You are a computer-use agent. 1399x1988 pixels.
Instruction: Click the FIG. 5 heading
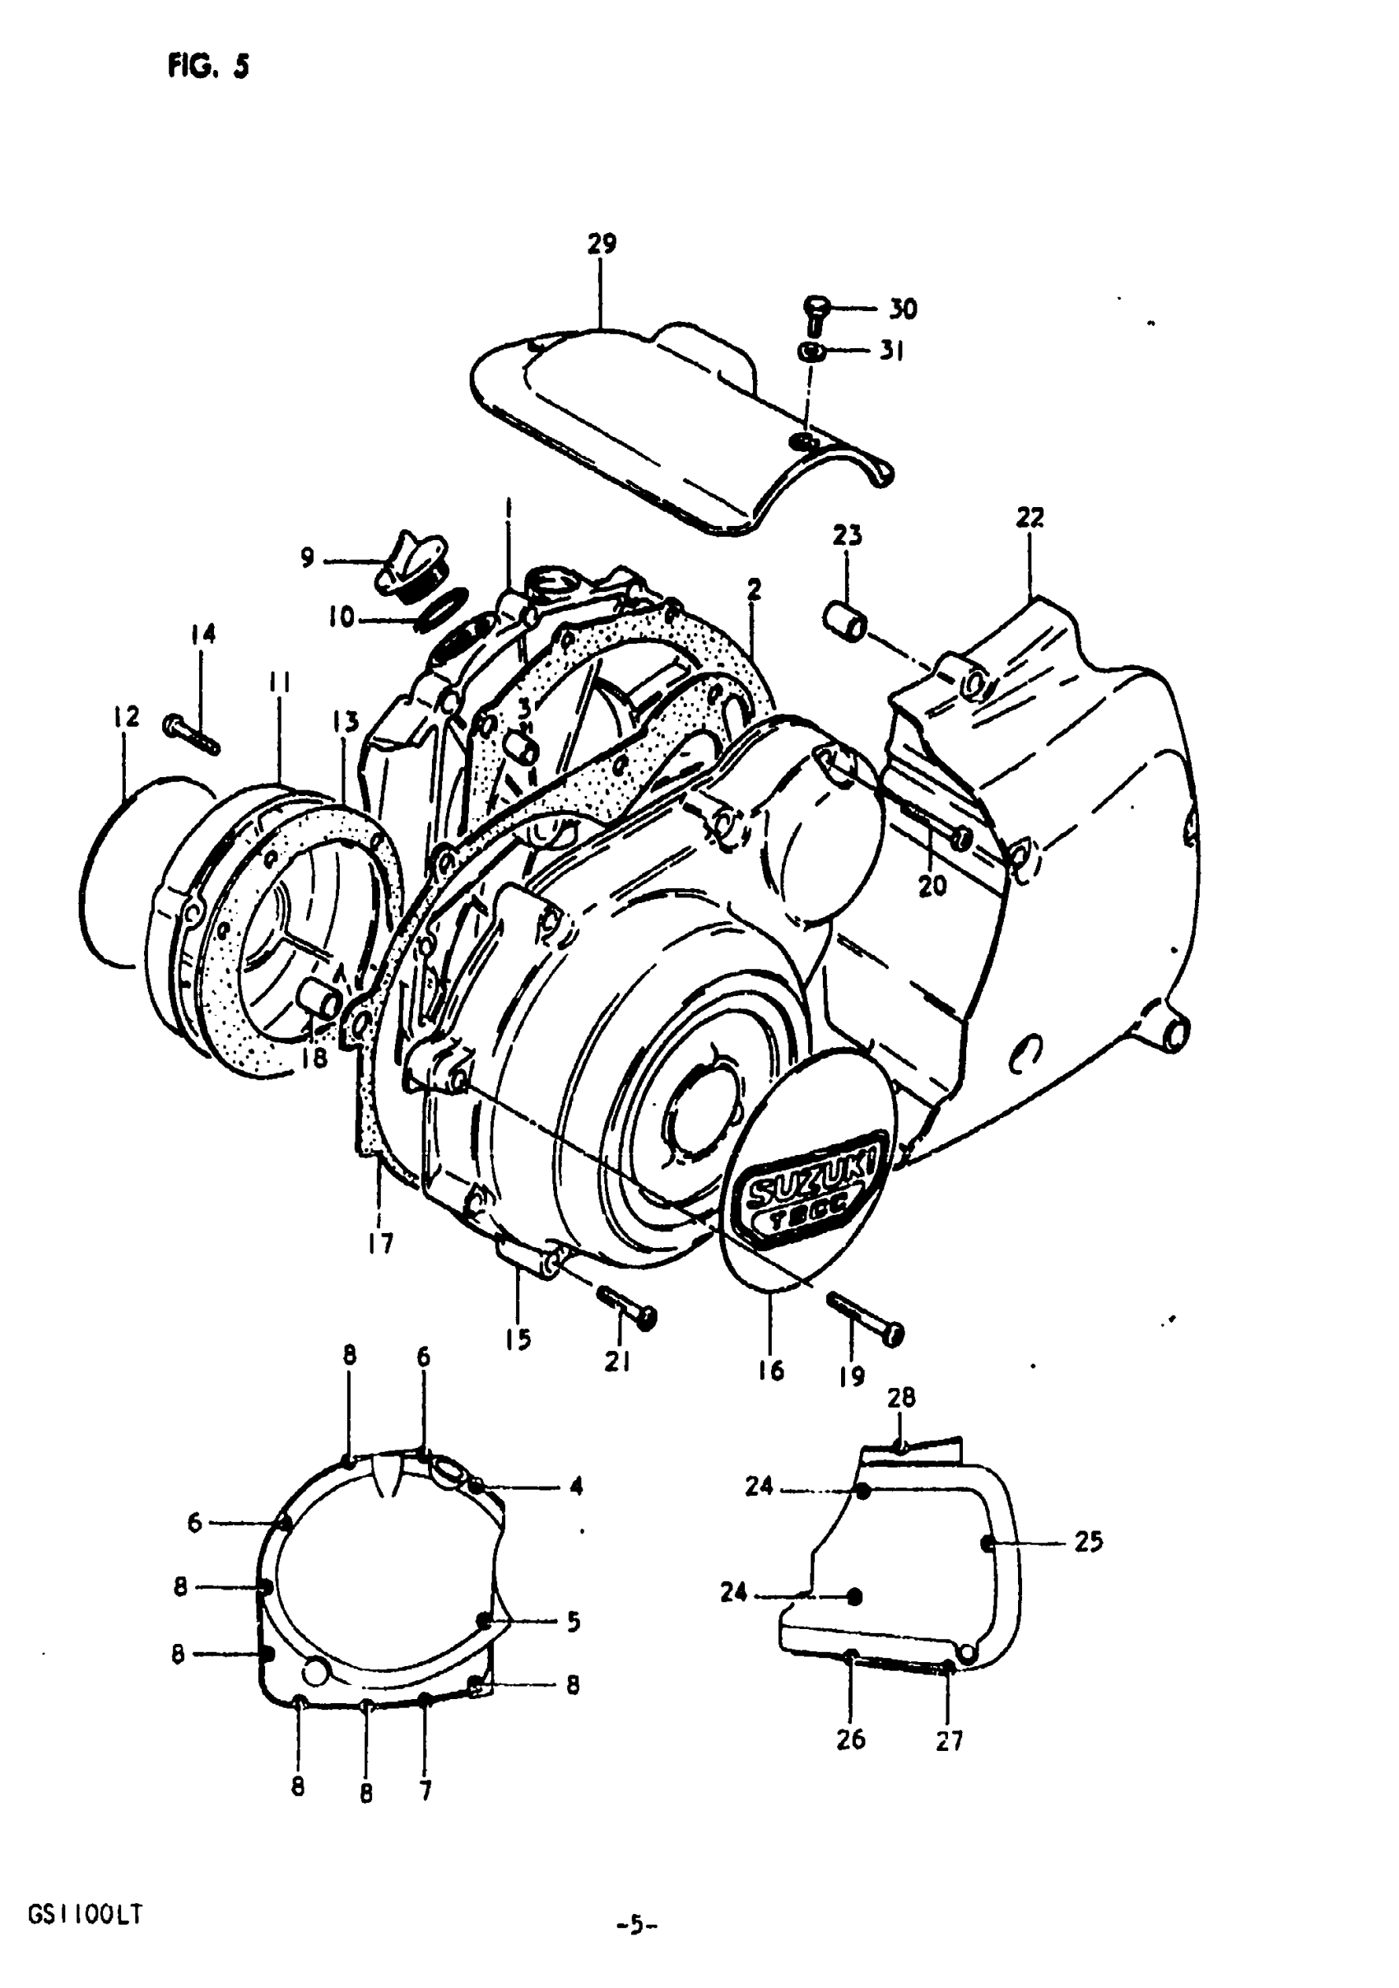[207, 66]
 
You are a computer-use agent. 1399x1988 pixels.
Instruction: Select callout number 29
[602, 244]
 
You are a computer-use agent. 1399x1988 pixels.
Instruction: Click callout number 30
[902, 310]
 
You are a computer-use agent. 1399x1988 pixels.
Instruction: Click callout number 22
[1029, 518]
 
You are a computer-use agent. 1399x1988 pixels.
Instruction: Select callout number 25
[1088, 1542]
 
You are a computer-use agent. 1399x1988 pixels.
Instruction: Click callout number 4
[576, 1487]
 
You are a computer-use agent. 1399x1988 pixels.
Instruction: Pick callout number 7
[425, 1789]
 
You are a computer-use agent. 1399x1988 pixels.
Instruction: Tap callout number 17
[380, 1244]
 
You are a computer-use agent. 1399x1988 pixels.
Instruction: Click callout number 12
[127, 717]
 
